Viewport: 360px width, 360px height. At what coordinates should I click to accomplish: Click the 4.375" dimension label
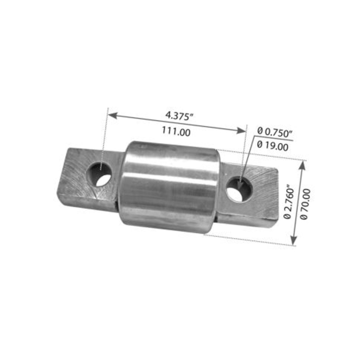179,115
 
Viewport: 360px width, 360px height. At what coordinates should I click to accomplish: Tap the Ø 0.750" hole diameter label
274,132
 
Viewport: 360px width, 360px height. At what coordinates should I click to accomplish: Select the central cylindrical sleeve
169,184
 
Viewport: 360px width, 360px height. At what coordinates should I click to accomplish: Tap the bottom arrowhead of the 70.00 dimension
294,242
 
